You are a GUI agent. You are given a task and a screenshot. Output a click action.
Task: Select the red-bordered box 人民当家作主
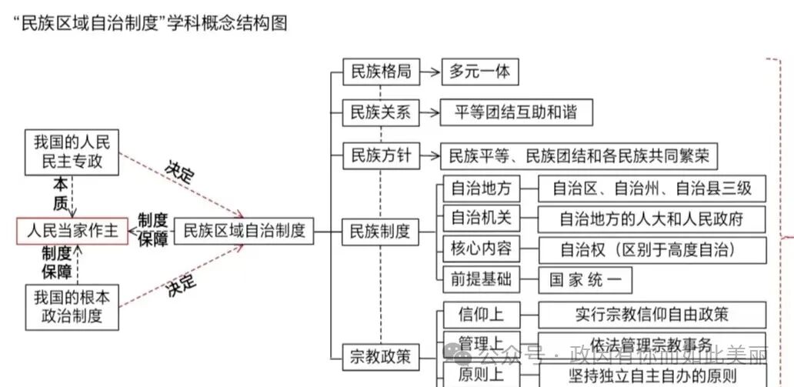72,231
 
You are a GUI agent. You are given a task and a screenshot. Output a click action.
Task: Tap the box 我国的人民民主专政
72,152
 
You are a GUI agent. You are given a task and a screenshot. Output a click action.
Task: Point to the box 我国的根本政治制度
72,307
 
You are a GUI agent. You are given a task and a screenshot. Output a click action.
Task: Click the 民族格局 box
380,73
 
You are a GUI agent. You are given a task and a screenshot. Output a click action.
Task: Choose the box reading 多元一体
480,73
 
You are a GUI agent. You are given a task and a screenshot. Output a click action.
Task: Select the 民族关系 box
380,114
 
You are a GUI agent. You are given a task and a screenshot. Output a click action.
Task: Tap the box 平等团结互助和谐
517,114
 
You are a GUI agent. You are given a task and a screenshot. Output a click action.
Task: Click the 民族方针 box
380,157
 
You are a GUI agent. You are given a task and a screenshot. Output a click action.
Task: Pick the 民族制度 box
380,231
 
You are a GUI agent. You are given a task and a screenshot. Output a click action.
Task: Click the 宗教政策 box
380,357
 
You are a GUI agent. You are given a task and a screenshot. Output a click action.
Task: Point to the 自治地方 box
481,188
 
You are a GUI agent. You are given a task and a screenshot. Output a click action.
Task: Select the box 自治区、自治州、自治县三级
651,188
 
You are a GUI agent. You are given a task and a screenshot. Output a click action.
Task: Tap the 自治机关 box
481,219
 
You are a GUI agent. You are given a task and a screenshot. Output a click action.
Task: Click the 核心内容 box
481,249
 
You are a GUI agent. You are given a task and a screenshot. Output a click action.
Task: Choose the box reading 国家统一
585,280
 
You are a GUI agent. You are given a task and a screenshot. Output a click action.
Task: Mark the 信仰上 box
481,314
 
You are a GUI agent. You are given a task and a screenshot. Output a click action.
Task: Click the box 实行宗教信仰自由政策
651,314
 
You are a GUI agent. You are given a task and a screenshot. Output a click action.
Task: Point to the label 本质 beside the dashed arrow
61,193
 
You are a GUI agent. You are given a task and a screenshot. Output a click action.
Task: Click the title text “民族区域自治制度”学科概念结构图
150,23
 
